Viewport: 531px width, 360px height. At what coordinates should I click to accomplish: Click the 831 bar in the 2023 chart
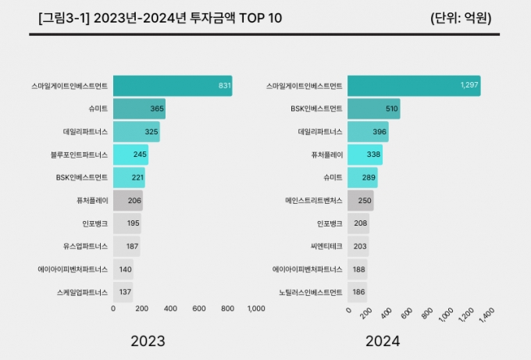pos(172,86)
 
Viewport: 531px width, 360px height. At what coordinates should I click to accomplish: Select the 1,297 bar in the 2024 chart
pos(413,86)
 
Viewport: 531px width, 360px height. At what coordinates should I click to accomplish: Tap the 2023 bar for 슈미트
pos(139,109)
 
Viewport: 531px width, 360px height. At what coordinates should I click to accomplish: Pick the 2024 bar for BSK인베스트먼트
pos(373,109)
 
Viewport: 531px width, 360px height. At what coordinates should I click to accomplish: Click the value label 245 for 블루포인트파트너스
pos(140,155)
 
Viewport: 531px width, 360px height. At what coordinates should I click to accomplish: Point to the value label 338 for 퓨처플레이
pos(373,155)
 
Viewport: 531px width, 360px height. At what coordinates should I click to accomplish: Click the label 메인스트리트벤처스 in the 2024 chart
pos(314,201)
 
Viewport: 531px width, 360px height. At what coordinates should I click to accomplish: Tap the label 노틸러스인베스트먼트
pos(311,292)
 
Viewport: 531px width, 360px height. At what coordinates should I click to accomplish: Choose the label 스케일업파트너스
pos(84,292)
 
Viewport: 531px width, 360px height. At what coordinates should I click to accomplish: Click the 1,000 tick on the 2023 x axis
pos(255,308)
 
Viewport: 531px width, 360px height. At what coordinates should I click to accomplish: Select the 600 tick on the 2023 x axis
pos(198,308)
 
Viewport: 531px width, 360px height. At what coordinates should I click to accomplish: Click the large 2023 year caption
pos(148,341)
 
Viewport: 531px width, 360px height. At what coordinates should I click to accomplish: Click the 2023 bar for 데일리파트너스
pos(136,132)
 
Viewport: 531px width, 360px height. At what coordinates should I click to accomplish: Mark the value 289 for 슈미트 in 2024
pos(369,178)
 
